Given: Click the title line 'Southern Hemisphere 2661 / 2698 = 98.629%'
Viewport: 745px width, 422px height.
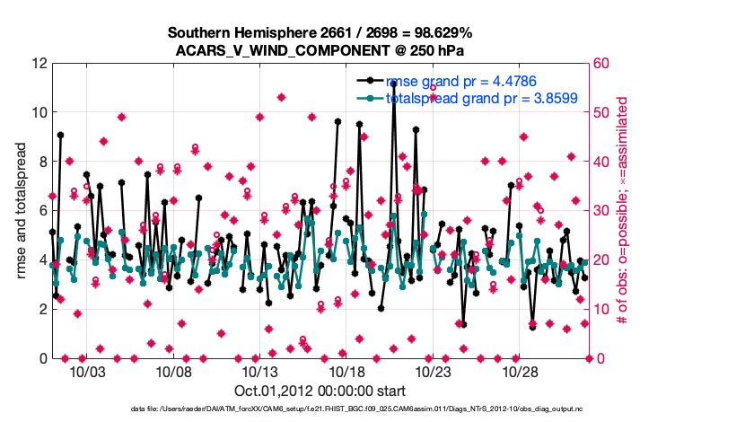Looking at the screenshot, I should pyautogui.click(x=320, y=33).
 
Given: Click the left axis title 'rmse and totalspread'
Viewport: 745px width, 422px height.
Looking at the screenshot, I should pyautogui.click(x=21, y=211).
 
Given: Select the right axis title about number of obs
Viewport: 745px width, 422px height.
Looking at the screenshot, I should pyautogui.click(x=622, y=211).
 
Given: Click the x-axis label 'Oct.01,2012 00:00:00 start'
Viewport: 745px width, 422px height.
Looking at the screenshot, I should pyautogui.click(x=320, y=391).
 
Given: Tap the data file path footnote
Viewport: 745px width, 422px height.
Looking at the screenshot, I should pyautogui.click(x=320, y=409).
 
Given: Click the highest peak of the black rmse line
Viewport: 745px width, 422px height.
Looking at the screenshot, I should pyautogui.click(x=393, y=83).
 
